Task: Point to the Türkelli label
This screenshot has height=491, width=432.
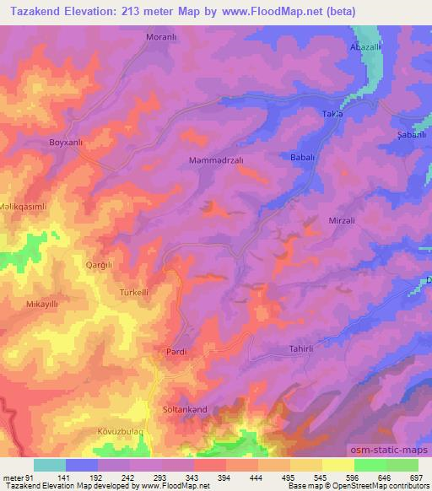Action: pyautogui.click(x=134, y=292)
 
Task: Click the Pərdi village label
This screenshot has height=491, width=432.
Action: pyautogui.click(x=175, y=352)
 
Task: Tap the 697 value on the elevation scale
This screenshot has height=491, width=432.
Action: pyautogui.click(x=417, y=478)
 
